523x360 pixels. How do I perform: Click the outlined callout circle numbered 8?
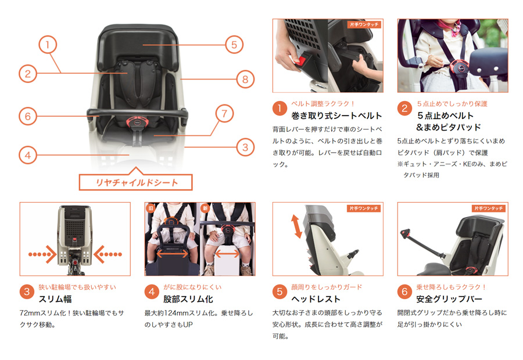tap(245, 80)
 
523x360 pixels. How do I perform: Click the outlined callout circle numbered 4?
tap(28, 155)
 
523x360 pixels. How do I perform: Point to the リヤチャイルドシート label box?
tap(136, 182)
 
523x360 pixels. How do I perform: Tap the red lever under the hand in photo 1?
tap(301, 60)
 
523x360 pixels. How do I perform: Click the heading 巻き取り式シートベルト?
tap(336, 116)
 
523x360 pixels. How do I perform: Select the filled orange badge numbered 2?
tap(404, 109)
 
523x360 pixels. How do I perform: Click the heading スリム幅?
tap(55, 299)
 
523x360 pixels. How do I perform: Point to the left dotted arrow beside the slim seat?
tap(42, 254)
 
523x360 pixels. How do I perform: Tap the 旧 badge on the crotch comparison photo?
tap(151, 208)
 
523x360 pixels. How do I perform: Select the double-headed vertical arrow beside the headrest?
tap(296, 226)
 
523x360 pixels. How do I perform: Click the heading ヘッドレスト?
tap(316, 299)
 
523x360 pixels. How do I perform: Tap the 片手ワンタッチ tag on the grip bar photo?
tap(489, 208)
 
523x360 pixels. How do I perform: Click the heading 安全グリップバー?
tap(449, 299)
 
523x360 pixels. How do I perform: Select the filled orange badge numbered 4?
tap(152, 291)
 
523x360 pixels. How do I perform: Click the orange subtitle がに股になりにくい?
tap(192, 287)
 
